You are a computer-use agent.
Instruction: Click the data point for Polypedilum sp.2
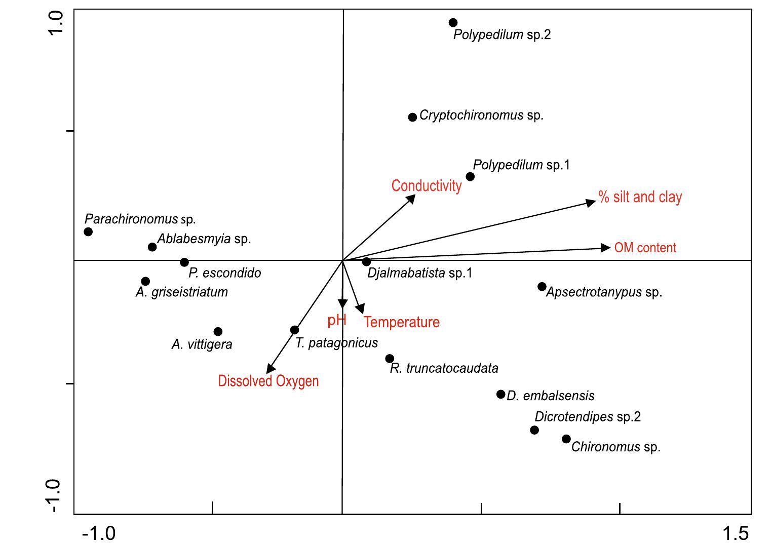point(453,23)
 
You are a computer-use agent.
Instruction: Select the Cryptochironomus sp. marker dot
point(412,117)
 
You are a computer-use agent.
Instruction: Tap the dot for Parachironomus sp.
point(88,232)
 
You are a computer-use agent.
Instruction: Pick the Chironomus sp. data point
point(566,439)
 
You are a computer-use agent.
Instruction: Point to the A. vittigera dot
point(218,332)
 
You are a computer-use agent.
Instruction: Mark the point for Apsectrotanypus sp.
point(542,287)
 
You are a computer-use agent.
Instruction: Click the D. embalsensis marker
point(500,394)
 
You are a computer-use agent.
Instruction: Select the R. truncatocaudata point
point(390,359)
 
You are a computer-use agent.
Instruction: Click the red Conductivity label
point(427,186)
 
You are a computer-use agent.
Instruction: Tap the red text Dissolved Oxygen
point(268,381)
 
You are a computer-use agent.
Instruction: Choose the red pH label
point(337,320)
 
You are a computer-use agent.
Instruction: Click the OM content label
point(645,248)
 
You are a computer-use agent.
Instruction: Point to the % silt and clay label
point(640,197)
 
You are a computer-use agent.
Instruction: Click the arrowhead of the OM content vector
point(606,248)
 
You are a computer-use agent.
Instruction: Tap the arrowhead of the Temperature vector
point(360,309)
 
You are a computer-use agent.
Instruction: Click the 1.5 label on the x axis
point(736,533)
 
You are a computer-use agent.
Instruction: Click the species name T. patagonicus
point(337,343)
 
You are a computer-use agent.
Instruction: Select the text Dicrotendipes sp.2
point(588,417)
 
